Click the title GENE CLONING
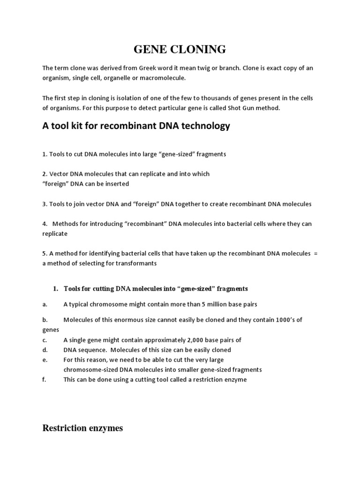tap(180, 49)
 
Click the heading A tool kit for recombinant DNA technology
tap(136, 126)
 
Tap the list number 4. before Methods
tap(45, 224)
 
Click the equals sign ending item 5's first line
tap(315, 254)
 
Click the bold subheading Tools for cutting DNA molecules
tap(155, 289)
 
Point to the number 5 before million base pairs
tap(203, 304)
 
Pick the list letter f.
tap(44, 380)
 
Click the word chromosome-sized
tap(89, 370)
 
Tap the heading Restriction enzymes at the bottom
tap(82, 428)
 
